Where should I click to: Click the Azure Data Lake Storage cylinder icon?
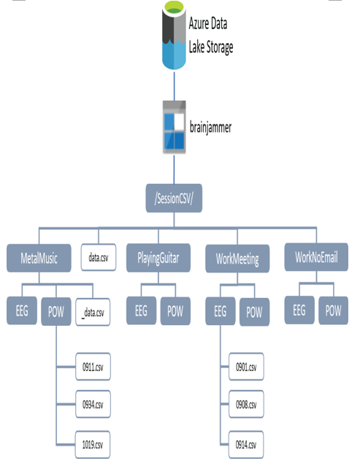pos(174,35)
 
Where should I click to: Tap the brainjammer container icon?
pos(175,127)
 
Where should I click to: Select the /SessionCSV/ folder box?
pos(174,198)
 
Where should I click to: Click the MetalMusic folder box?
pos(39,258)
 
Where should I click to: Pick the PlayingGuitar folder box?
pos(158,258)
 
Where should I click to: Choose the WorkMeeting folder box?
pos(237,259)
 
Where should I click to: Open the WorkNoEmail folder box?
pos(316,257)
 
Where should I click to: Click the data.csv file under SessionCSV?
pos(99,257)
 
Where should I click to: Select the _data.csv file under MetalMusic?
pos(93,312)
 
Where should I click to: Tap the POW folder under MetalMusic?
pos(55,312)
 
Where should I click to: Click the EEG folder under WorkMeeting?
pos(220,311)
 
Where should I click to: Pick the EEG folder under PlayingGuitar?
pos(141,310)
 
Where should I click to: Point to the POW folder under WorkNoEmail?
pos(333,310)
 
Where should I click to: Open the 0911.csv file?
pos(93,367)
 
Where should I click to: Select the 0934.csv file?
pos(93,404)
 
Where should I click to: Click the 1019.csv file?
pos(93,444)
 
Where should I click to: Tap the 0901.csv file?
pos(246,367)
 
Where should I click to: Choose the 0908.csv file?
pos(246,404)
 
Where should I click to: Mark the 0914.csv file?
pos(245,444)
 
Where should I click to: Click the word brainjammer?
pos(210,128)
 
